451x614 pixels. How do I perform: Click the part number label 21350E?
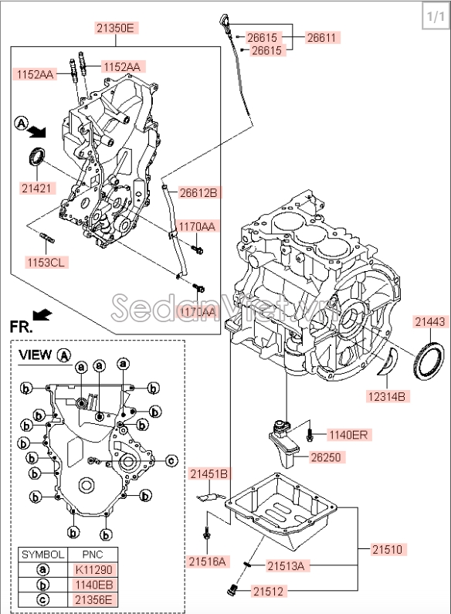click(115, 29)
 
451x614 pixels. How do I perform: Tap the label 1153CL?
click(47, 262)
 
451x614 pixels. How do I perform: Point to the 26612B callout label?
click(198, 192)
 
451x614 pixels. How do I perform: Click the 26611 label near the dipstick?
click(323, 36)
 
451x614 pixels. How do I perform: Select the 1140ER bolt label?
click(349, 435)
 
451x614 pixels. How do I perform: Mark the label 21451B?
click(209, 473)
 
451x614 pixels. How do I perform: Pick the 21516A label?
click(208, 561)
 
